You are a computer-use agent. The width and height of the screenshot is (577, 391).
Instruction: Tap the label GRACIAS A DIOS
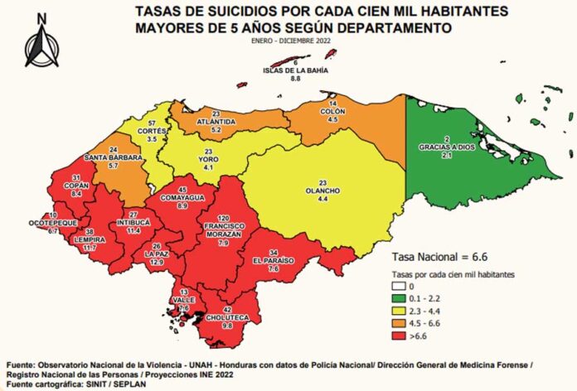pos(447,147)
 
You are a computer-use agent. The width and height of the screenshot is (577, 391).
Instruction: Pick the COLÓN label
pos(332,110)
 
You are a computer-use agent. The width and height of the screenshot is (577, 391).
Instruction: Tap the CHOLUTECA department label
pos(228,316)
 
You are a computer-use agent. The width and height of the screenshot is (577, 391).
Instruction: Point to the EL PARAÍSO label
pos(282,260)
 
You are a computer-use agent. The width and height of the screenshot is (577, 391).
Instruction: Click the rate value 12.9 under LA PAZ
pos(157,261)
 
